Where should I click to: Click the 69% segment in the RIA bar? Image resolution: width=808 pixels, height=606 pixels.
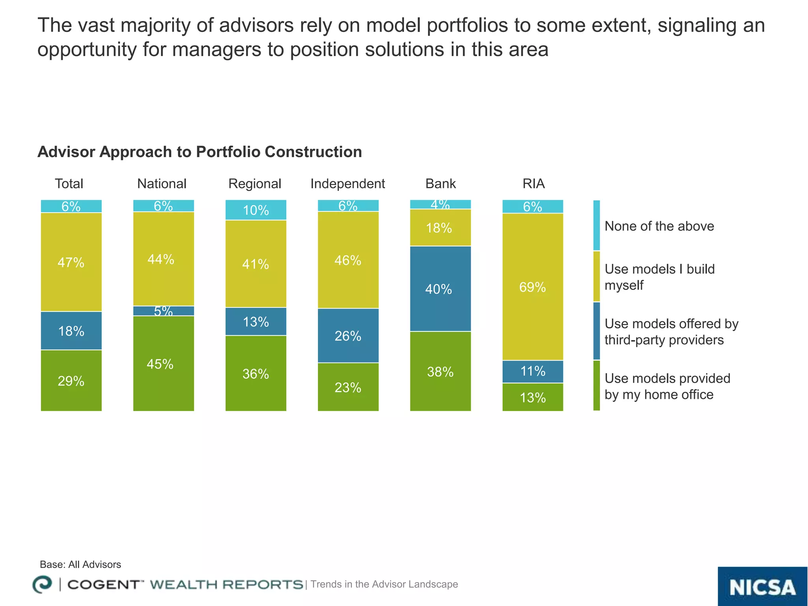533,287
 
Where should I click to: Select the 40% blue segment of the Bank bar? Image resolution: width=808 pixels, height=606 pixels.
440,289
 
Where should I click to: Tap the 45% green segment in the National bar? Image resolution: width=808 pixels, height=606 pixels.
163,363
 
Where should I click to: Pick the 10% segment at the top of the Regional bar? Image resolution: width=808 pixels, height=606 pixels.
256,210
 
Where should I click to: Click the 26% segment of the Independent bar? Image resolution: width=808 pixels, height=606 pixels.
348,335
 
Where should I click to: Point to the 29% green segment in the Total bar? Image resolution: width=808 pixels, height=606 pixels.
71,381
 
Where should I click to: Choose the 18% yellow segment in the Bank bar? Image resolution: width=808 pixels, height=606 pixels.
440,228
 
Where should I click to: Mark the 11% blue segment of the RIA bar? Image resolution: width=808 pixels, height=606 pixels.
533,371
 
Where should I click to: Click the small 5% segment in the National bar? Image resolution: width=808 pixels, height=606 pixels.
163,311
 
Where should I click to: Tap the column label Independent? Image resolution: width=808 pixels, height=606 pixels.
348,183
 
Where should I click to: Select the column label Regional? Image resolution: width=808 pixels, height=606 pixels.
255,183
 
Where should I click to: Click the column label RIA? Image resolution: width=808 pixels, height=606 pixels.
533,183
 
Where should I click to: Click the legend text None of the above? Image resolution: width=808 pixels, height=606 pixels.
659,226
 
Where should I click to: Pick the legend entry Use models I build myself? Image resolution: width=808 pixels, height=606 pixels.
659,277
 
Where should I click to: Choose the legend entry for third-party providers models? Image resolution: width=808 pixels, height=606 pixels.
671,331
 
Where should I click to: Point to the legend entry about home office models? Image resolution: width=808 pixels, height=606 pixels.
667,386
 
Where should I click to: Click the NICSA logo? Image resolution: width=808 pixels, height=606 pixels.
762,587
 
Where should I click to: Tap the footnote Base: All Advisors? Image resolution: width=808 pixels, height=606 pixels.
80,564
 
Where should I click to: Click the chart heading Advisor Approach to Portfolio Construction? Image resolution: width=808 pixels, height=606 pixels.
200,152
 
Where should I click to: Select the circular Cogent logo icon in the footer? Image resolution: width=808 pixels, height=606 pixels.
42,584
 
